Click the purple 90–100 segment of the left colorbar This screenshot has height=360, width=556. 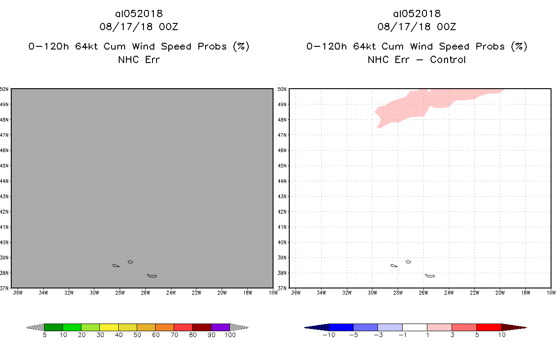220,327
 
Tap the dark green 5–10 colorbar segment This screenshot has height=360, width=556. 54,327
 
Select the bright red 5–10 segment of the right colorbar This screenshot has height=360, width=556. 489,327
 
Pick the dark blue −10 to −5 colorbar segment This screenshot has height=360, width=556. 341,327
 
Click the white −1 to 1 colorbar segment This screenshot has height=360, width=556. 415,327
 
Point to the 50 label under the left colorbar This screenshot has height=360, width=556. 137,335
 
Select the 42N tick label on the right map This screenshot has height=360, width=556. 282,211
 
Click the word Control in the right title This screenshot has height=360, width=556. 448,59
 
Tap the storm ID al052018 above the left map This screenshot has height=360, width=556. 139,13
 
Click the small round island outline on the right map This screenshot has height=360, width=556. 408,261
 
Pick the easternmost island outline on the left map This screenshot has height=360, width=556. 152,275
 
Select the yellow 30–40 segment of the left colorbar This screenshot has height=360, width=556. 109,327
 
